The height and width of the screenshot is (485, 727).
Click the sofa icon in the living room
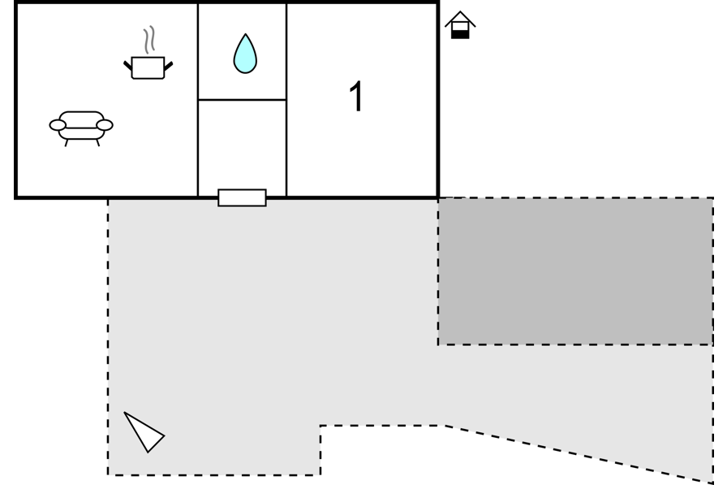81,126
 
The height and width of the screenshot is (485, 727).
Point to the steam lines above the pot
148,39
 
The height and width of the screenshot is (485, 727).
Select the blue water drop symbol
244,54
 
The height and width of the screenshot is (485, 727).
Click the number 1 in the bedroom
355,97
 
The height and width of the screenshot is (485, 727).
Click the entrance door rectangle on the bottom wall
242,197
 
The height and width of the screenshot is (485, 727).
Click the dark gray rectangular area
574,271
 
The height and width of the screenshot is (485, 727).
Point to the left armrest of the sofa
58,125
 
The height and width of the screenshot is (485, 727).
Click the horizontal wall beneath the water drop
243,100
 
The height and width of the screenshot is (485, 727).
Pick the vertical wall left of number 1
286,97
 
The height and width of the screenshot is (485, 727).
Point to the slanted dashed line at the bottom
580,453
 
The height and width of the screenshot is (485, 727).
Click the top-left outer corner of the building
15,2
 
